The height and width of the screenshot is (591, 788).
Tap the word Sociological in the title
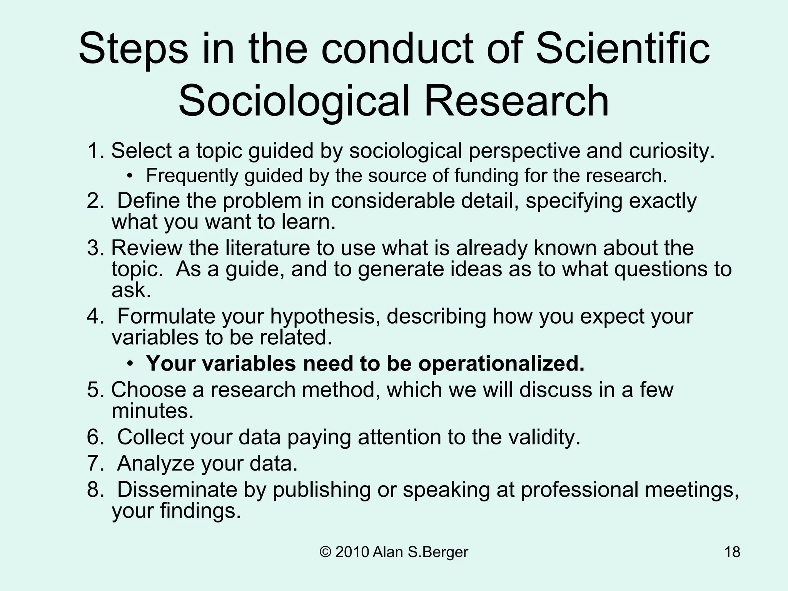tap(293, 101)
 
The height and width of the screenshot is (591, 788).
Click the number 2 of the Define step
tap(93, 201)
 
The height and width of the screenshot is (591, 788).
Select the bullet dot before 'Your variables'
tap(131, 364)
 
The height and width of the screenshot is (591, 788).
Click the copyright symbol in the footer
tap(326, 552)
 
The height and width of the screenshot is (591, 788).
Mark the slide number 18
tap(732, 552)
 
